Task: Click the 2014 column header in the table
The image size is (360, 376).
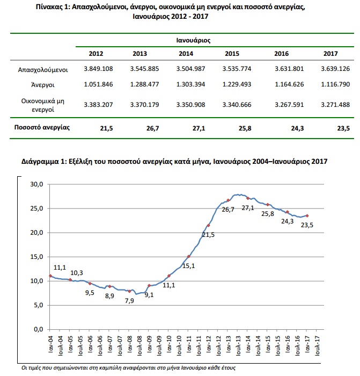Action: coord(186,54)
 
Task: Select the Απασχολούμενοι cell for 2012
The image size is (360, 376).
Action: coord(98,69)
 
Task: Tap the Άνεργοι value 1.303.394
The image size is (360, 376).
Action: coord(190,84)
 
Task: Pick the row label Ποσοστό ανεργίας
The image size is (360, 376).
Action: coord(42,127)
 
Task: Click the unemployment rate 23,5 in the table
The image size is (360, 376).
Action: coord(343,128)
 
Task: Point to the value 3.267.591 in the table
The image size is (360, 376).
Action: coord(289,105)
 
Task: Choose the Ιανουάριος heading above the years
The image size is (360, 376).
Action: coord(193,40)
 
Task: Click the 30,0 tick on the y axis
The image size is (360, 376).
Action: coord(36,184)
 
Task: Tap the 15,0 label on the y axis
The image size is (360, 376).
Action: coord(36,257)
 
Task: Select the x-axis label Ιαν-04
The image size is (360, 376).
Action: coord(50,344)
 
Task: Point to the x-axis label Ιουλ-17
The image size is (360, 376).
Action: coord(318,345)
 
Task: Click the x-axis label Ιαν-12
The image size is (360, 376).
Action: coord(208,344)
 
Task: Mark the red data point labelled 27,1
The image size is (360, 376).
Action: coord(248,198)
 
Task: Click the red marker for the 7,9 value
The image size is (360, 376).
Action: coord(129,291)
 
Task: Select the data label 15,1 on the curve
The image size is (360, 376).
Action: coord(189,266)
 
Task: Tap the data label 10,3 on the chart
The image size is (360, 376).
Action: coord(77,273)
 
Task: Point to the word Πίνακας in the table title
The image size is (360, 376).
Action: coord(49,7)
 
